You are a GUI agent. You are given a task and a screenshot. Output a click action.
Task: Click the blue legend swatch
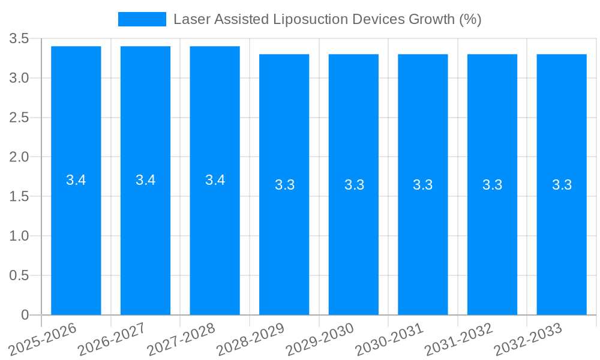[x=142, y=19]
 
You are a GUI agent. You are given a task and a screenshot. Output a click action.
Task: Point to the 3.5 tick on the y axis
[x=19, y=39]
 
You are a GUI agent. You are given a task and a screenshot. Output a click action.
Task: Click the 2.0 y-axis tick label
[x=19, y=157]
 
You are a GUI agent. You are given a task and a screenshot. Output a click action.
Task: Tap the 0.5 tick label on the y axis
[x=19, y=275]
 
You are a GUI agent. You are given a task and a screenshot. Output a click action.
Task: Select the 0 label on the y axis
[x=25, y=315]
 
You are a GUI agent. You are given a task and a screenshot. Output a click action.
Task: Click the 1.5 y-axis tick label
[x=19, y=197]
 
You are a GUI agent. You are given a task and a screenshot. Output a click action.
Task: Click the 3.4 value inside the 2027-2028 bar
[x=215, y=180]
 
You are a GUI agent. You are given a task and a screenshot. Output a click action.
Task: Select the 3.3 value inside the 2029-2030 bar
[x=354, y=185]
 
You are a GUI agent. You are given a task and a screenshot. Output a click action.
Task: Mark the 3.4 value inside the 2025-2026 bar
[x=76, y=180]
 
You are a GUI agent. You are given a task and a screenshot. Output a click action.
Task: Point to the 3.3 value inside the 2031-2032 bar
[x=493, y=185]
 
